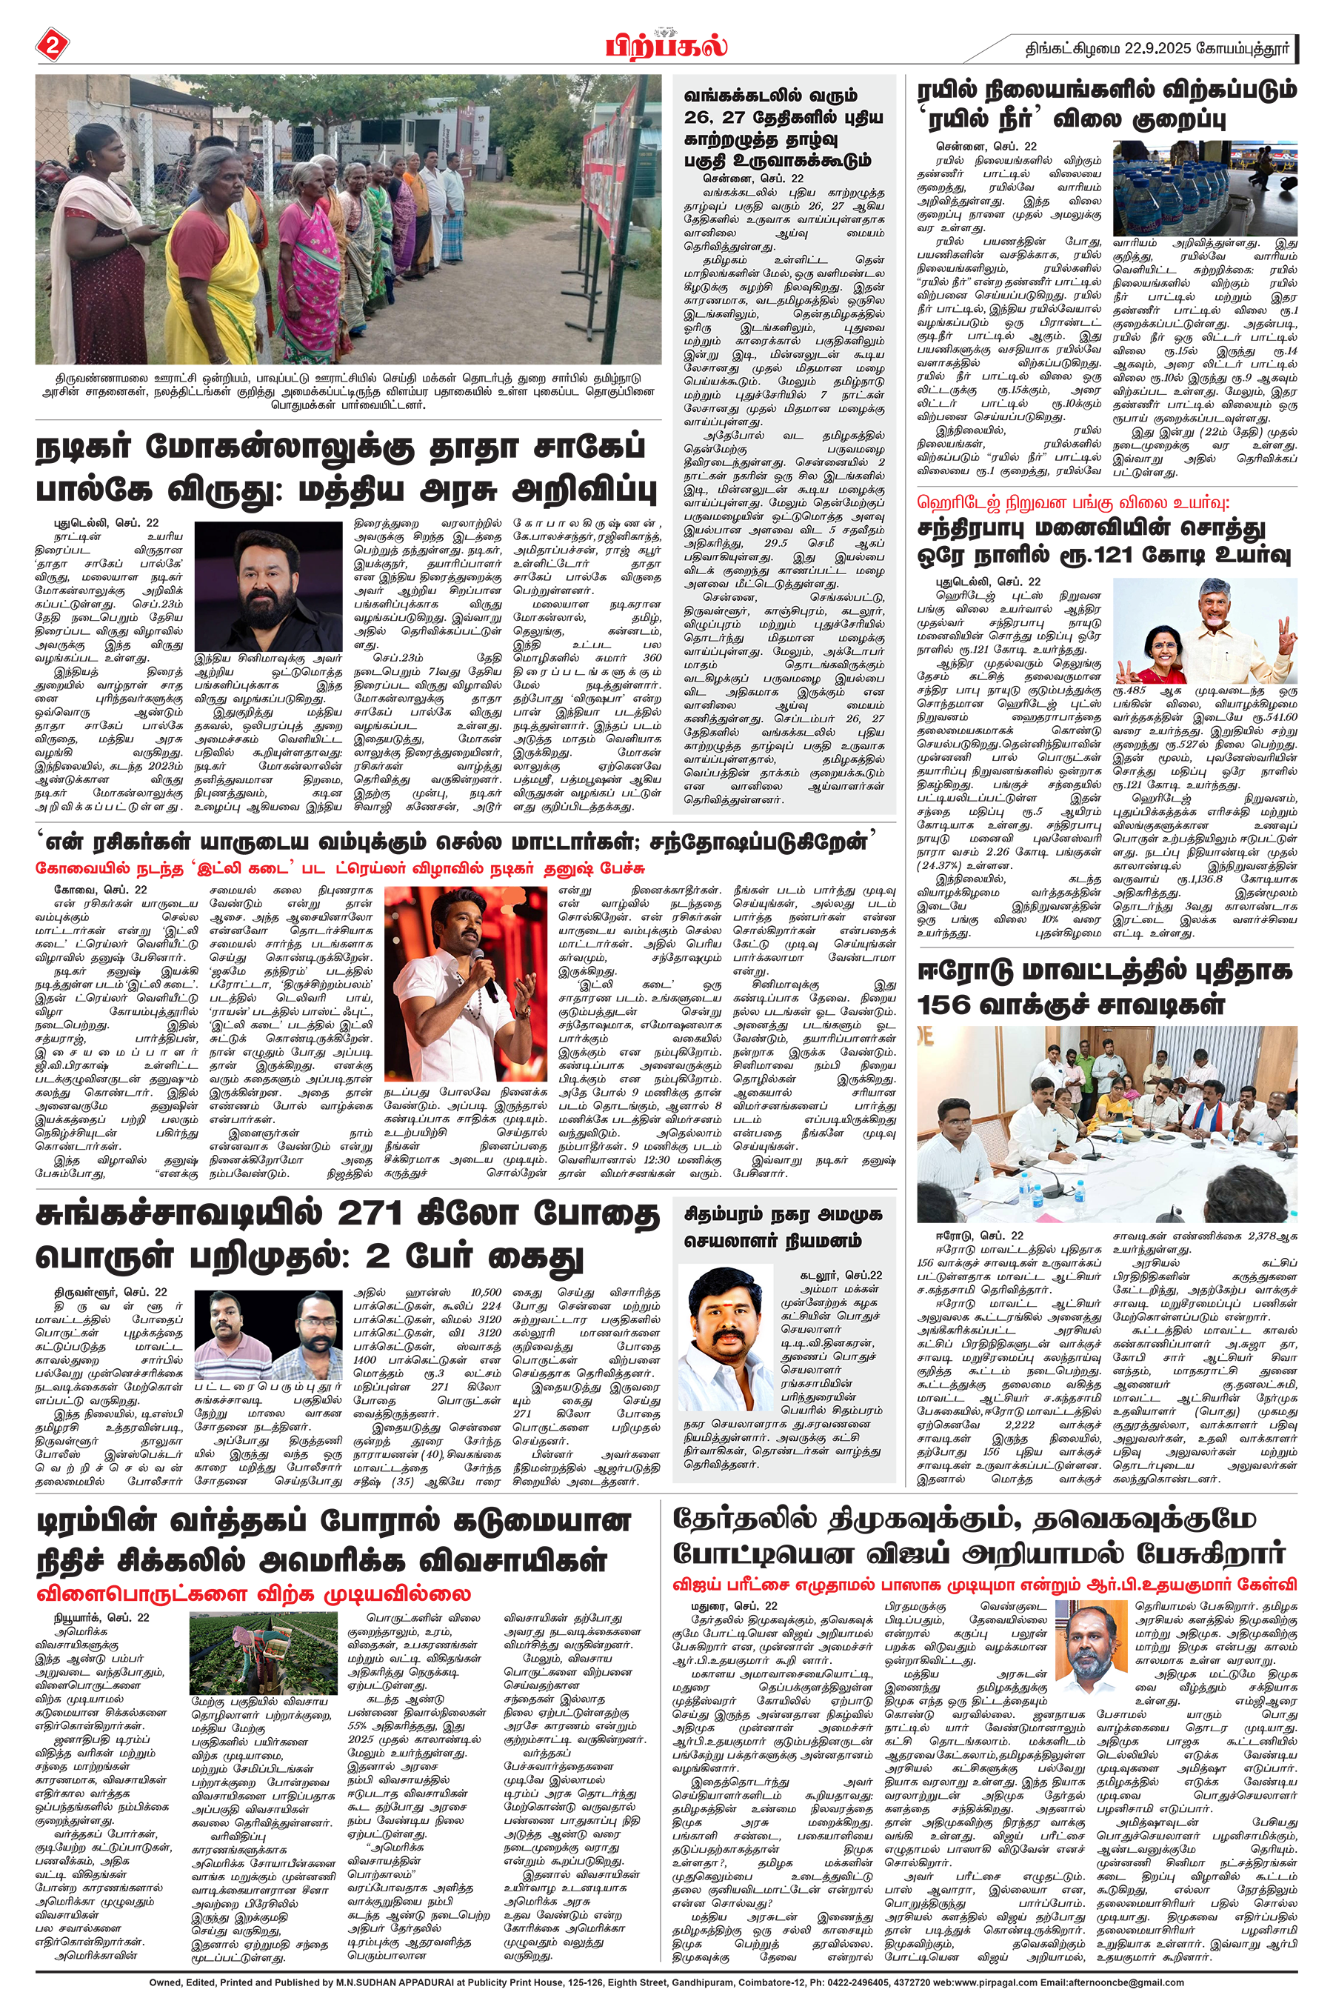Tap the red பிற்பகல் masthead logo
[666, 44]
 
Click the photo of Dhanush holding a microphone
[465, 983]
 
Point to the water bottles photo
[1205, 188]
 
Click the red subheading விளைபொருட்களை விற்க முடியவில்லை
[253, 1593]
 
